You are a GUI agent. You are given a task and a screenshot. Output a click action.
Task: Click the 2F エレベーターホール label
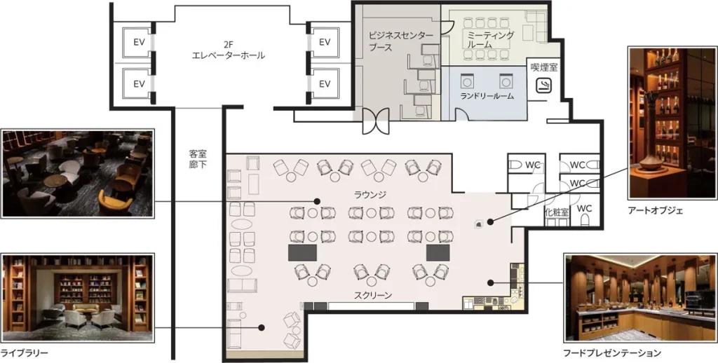coord(229,48)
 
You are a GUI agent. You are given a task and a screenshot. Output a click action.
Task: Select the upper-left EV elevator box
coord(139,42)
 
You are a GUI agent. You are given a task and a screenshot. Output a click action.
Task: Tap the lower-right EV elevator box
coord(324,84)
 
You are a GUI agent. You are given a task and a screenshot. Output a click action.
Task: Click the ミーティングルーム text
coord(490,40)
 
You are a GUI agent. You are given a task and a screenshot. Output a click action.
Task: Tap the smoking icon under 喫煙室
coord(543,86)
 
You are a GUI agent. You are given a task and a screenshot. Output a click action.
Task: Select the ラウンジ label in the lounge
coord(371,194)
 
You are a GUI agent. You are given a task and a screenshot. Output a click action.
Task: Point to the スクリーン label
coord(373,294)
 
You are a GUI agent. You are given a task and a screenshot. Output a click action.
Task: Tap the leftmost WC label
coord(533,165)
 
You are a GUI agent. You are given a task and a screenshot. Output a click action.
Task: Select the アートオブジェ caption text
coord(656,210)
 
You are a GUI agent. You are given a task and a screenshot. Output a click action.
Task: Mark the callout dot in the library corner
coord(261,327)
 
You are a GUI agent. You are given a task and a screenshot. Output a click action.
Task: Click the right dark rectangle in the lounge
coord(437,252)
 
